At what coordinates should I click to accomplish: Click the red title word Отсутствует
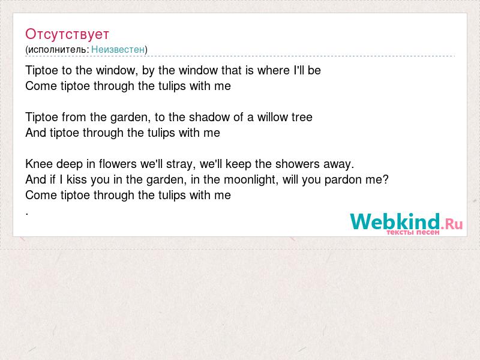pyautogui.click(x=67, y=34)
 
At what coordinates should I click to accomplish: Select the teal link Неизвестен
pyautogui.click(x=118, y=49)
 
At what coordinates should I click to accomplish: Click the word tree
pyautogui.click(x=302, y=117)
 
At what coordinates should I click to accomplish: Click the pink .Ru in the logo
pyautogui.click(x=452, y=224)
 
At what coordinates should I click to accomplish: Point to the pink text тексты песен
pyautogui.click(x=413, y=232)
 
